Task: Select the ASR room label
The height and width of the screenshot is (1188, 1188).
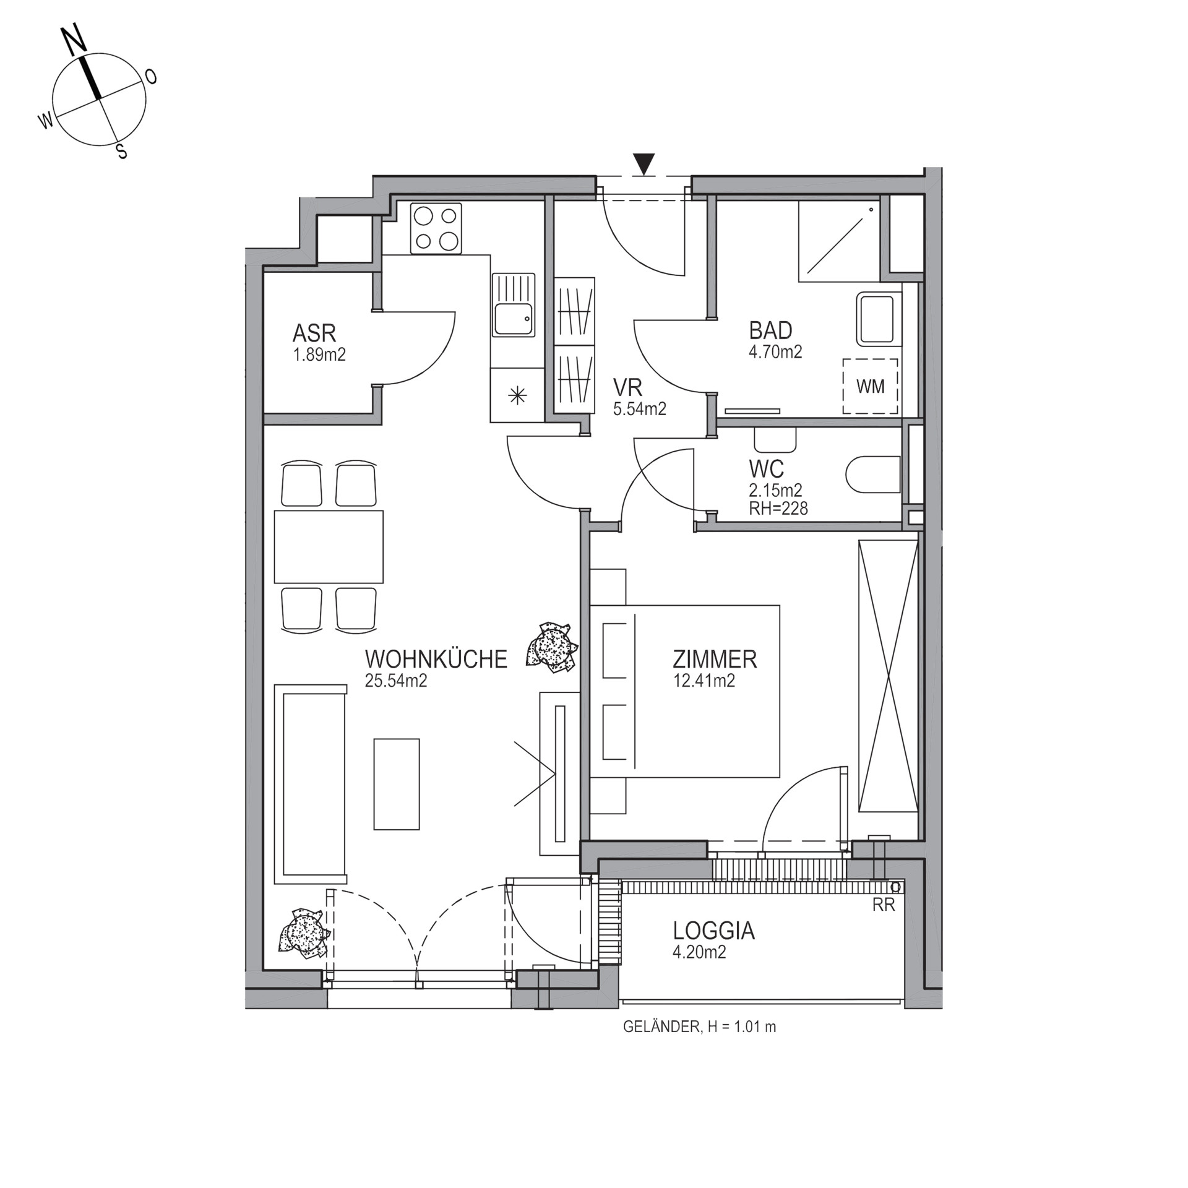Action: click(x=314, y=334)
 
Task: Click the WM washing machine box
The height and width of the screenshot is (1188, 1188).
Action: click(x=870, y=387)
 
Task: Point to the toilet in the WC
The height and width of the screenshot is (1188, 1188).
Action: click(x=872, y=475)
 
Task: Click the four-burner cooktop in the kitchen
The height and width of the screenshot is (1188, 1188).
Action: click(x=436, y=228)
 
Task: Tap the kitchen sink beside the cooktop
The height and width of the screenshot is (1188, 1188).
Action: click(x=513, y=304)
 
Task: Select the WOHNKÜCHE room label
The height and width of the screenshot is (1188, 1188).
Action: click(x=436, y=659)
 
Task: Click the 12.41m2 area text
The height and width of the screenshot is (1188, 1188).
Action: click(x=704, y=681)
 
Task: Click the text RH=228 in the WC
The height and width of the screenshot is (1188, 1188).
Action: click(x=778, y=508)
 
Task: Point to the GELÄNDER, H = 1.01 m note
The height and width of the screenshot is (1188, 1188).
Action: click(x=699, y=1028)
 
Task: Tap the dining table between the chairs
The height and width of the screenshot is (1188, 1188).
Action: click(x=329, y=546)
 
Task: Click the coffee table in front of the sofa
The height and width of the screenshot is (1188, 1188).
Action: click(x=397, y=784)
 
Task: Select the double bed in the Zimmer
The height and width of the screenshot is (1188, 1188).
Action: click(x=685, y=691)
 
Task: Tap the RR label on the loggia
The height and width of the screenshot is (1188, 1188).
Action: click(x=884, y=905)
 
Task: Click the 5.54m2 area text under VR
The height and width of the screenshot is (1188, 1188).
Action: click(x=639, y=408)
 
